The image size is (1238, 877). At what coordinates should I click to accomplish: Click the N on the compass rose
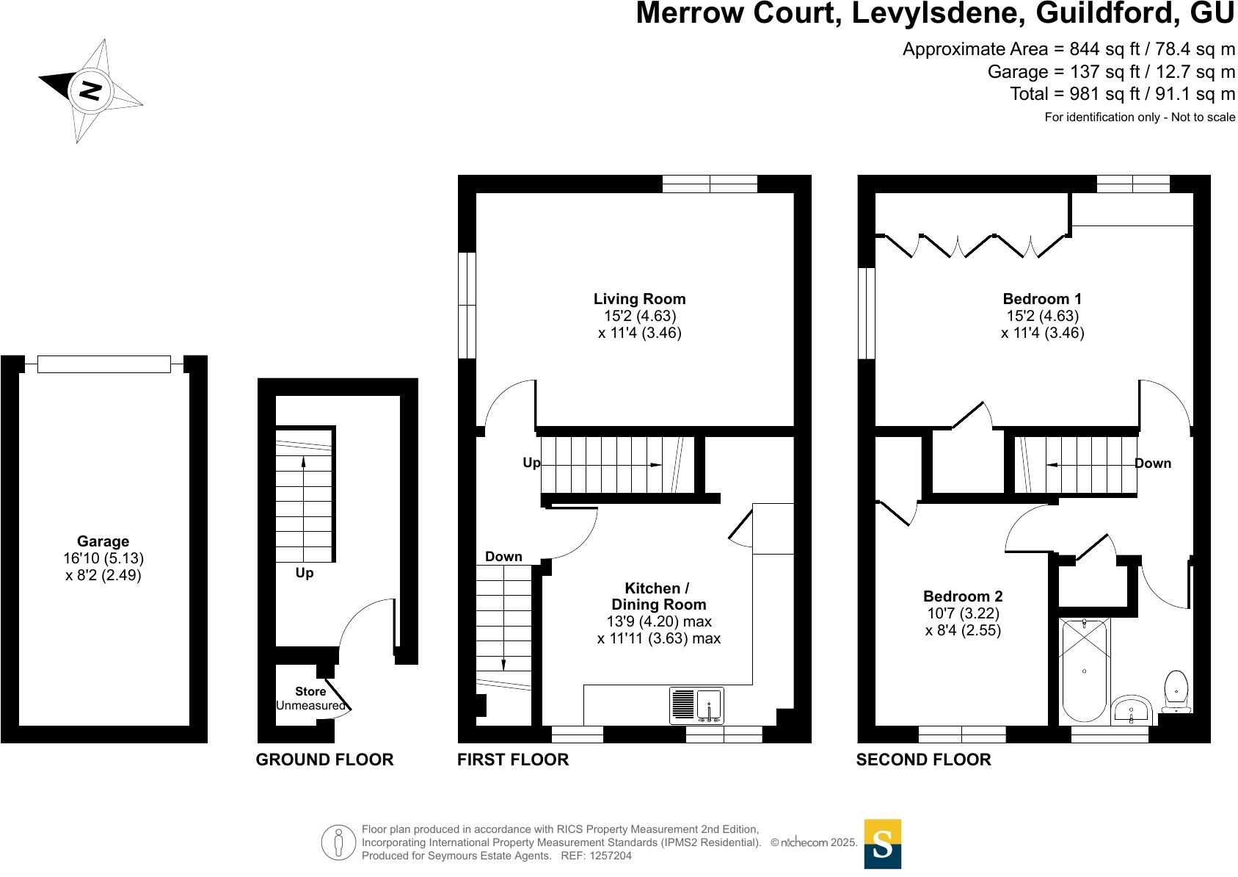click(x=90, y=90)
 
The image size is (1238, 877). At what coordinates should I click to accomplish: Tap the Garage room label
click(x=103, y=541)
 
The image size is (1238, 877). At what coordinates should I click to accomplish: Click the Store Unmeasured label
click(x=310, y=699)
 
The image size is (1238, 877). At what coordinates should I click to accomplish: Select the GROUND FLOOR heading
click(x=324, y=759)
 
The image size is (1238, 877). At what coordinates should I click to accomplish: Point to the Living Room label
click(x=639, y=299)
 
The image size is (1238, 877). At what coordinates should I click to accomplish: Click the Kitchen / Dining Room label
click(x=658, y=596)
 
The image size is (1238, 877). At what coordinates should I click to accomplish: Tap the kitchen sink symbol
click(x=696, y=705)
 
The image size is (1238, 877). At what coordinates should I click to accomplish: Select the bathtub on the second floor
click(x=1084, y=670)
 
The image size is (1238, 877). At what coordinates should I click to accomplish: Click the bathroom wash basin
click(x=1132, y=710)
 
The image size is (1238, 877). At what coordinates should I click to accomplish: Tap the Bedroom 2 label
click(x=963, y=596)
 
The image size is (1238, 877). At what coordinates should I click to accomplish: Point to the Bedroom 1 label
click(x=1042, y=299)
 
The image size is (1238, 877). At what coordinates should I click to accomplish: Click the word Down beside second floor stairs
click(x=1153, y=463)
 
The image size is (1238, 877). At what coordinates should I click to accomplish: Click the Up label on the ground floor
click(x=305, y=573)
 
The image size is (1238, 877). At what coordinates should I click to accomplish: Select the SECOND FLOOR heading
click(x=923, y=759)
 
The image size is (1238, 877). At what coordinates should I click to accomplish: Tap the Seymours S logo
click(x=882, y=844)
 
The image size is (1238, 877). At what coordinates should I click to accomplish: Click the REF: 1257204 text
click(x=596, y=856)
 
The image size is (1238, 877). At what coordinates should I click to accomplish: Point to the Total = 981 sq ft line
click(x=1122, y=94)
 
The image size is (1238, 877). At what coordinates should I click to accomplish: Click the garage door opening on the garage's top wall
click(x=103, y=364)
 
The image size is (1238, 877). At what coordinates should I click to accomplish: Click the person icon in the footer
click(x=338, y=842)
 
